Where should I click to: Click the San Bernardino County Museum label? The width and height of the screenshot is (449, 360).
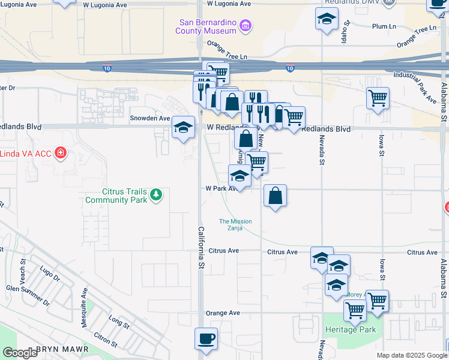206,26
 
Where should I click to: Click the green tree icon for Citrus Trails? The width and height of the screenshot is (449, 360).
156,194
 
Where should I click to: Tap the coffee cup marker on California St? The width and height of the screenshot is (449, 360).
206,338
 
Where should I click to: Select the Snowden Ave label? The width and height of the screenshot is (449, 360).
150,118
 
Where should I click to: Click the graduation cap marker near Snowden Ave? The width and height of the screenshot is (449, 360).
184,127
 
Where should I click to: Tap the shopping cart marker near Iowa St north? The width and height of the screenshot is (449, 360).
378,98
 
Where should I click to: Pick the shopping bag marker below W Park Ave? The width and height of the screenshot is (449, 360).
274,196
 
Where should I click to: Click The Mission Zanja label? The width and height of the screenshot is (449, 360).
235,224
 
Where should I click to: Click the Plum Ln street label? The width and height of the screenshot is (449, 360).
384,26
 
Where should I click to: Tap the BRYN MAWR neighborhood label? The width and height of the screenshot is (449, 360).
62,349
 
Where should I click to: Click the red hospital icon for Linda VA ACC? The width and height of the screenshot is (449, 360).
60,153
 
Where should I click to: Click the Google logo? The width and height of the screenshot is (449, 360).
20,352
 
